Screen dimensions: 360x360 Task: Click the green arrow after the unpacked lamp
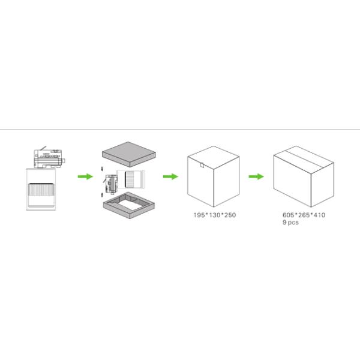click(x=85, y=176)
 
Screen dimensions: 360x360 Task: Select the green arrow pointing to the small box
click(x=170, y=176)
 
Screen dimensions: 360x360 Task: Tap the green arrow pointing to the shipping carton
click(x=256, y=176)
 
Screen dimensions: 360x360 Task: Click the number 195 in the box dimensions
click(x=199, y=215)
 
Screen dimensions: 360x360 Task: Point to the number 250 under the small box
click(x=230, y=215)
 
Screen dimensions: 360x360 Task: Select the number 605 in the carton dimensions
click(x=288, y=215)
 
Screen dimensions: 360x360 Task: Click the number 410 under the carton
click(x=319, y=215)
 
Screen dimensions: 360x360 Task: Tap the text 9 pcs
click(x=290, y=223)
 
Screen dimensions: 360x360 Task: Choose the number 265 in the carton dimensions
click(x=304, y=215)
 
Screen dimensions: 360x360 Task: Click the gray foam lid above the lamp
click(x=129, y=154)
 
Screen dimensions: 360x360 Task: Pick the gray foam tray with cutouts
click(x=129, y=205)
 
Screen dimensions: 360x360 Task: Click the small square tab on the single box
click(x=202, y=165)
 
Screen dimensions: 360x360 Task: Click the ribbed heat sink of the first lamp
click(x=41, y=190)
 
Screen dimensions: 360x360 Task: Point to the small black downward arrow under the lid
click(x=102, y=169)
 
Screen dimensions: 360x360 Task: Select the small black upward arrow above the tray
click(x=102, y=195)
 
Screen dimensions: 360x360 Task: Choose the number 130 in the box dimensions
click(x=214, y=215)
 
